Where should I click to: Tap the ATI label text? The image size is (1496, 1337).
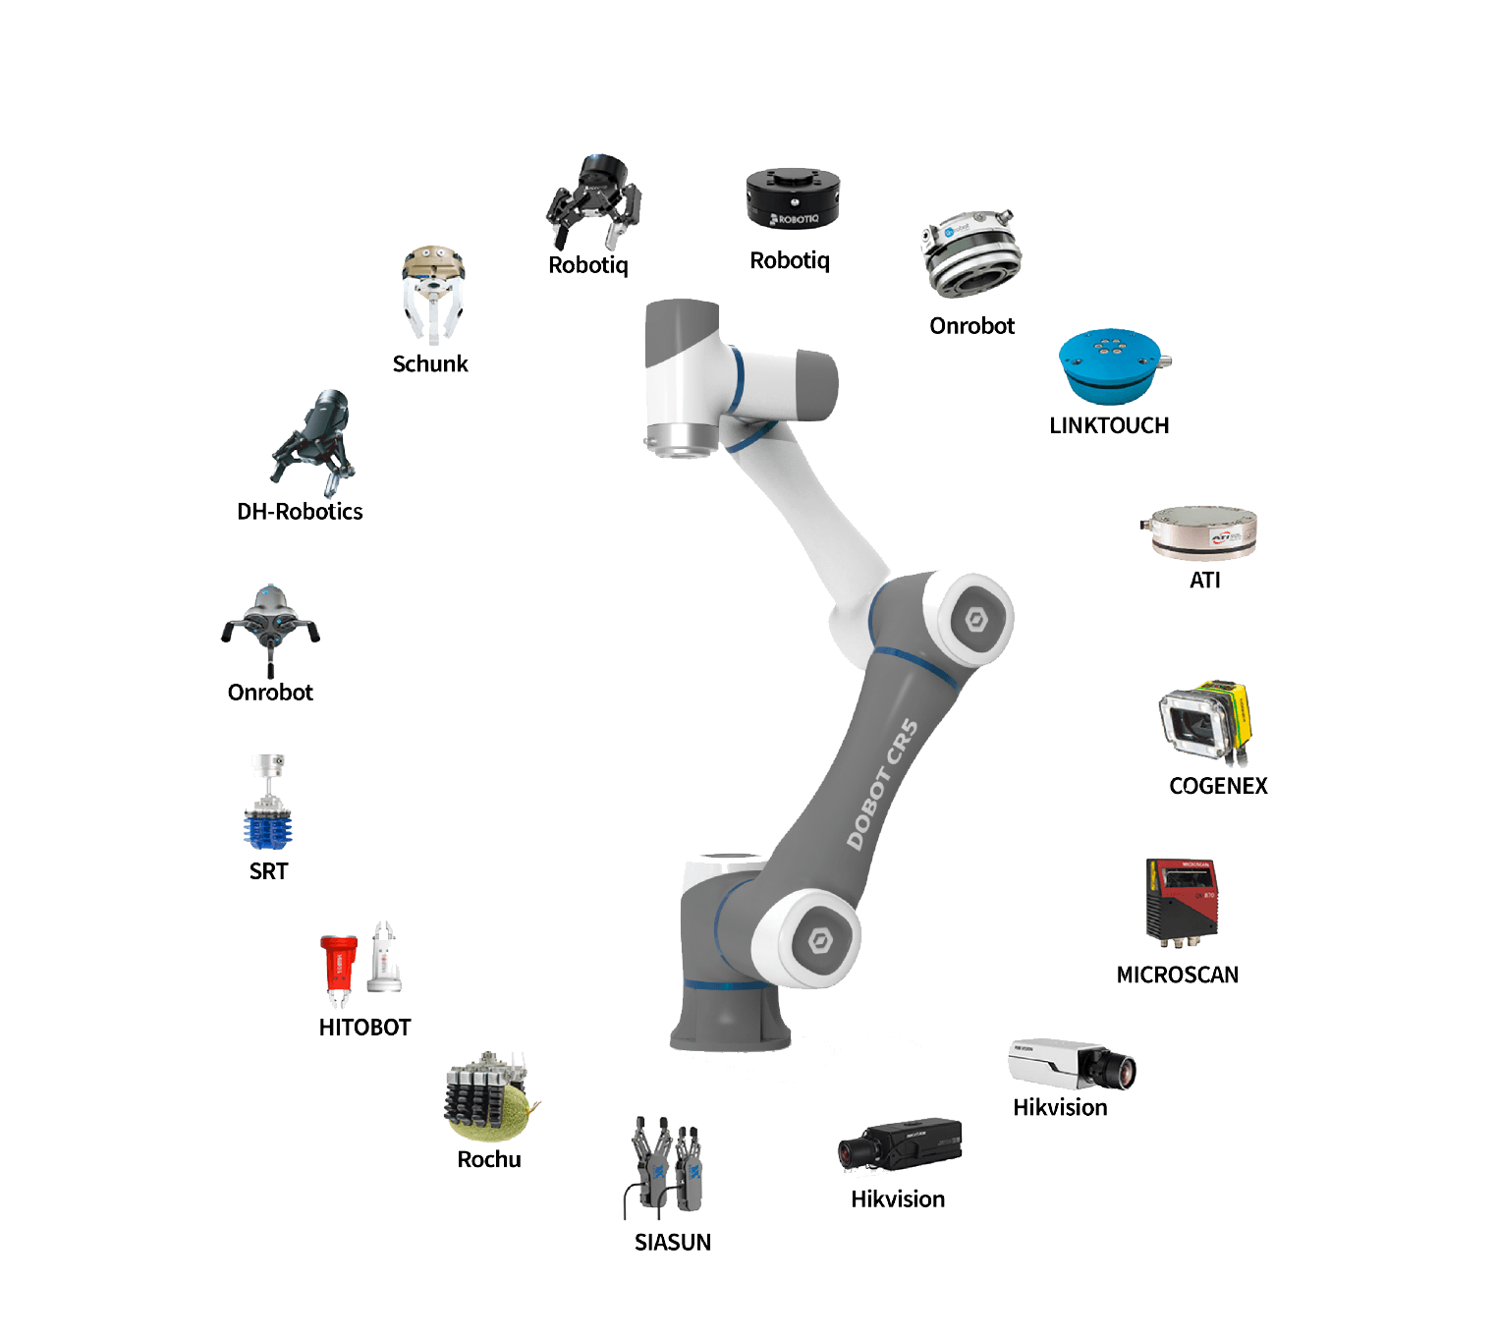pyautogui.click(x=1204, y=581)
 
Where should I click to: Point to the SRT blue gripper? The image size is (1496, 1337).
pyautogui.click(x=268, y=806)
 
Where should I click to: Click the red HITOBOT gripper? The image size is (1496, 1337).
pyautogui.click(x=339, y=967)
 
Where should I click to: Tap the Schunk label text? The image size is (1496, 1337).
pyautogui.click(x=430, y=364)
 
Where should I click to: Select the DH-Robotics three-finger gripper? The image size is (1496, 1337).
pyautogui.click(x=315, y=437)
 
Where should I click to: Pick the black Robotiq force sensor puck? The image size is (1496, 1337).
pyautogui.click(x=792, y=197)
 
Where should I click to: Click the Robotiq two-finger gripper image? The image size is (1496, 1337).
pyautogui.click(x=594, y=202)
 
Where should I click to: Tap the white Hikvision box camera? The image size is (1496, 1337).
pyautogui.click(x=1070, y=1064)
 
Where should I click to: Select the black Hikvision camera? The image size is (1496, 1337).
pyautogui.click(x=899, y=1144)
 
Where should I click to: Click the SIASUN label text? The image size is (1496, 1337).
pyautogui.click(x=673, y=1243)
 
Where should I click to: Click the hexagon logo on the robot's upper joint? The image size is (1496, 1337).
pyautogui.click(x=975, y=621)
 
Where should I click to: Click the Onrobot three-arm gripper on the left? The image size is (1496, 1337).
pyautogui.click(x=270, y=625)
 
